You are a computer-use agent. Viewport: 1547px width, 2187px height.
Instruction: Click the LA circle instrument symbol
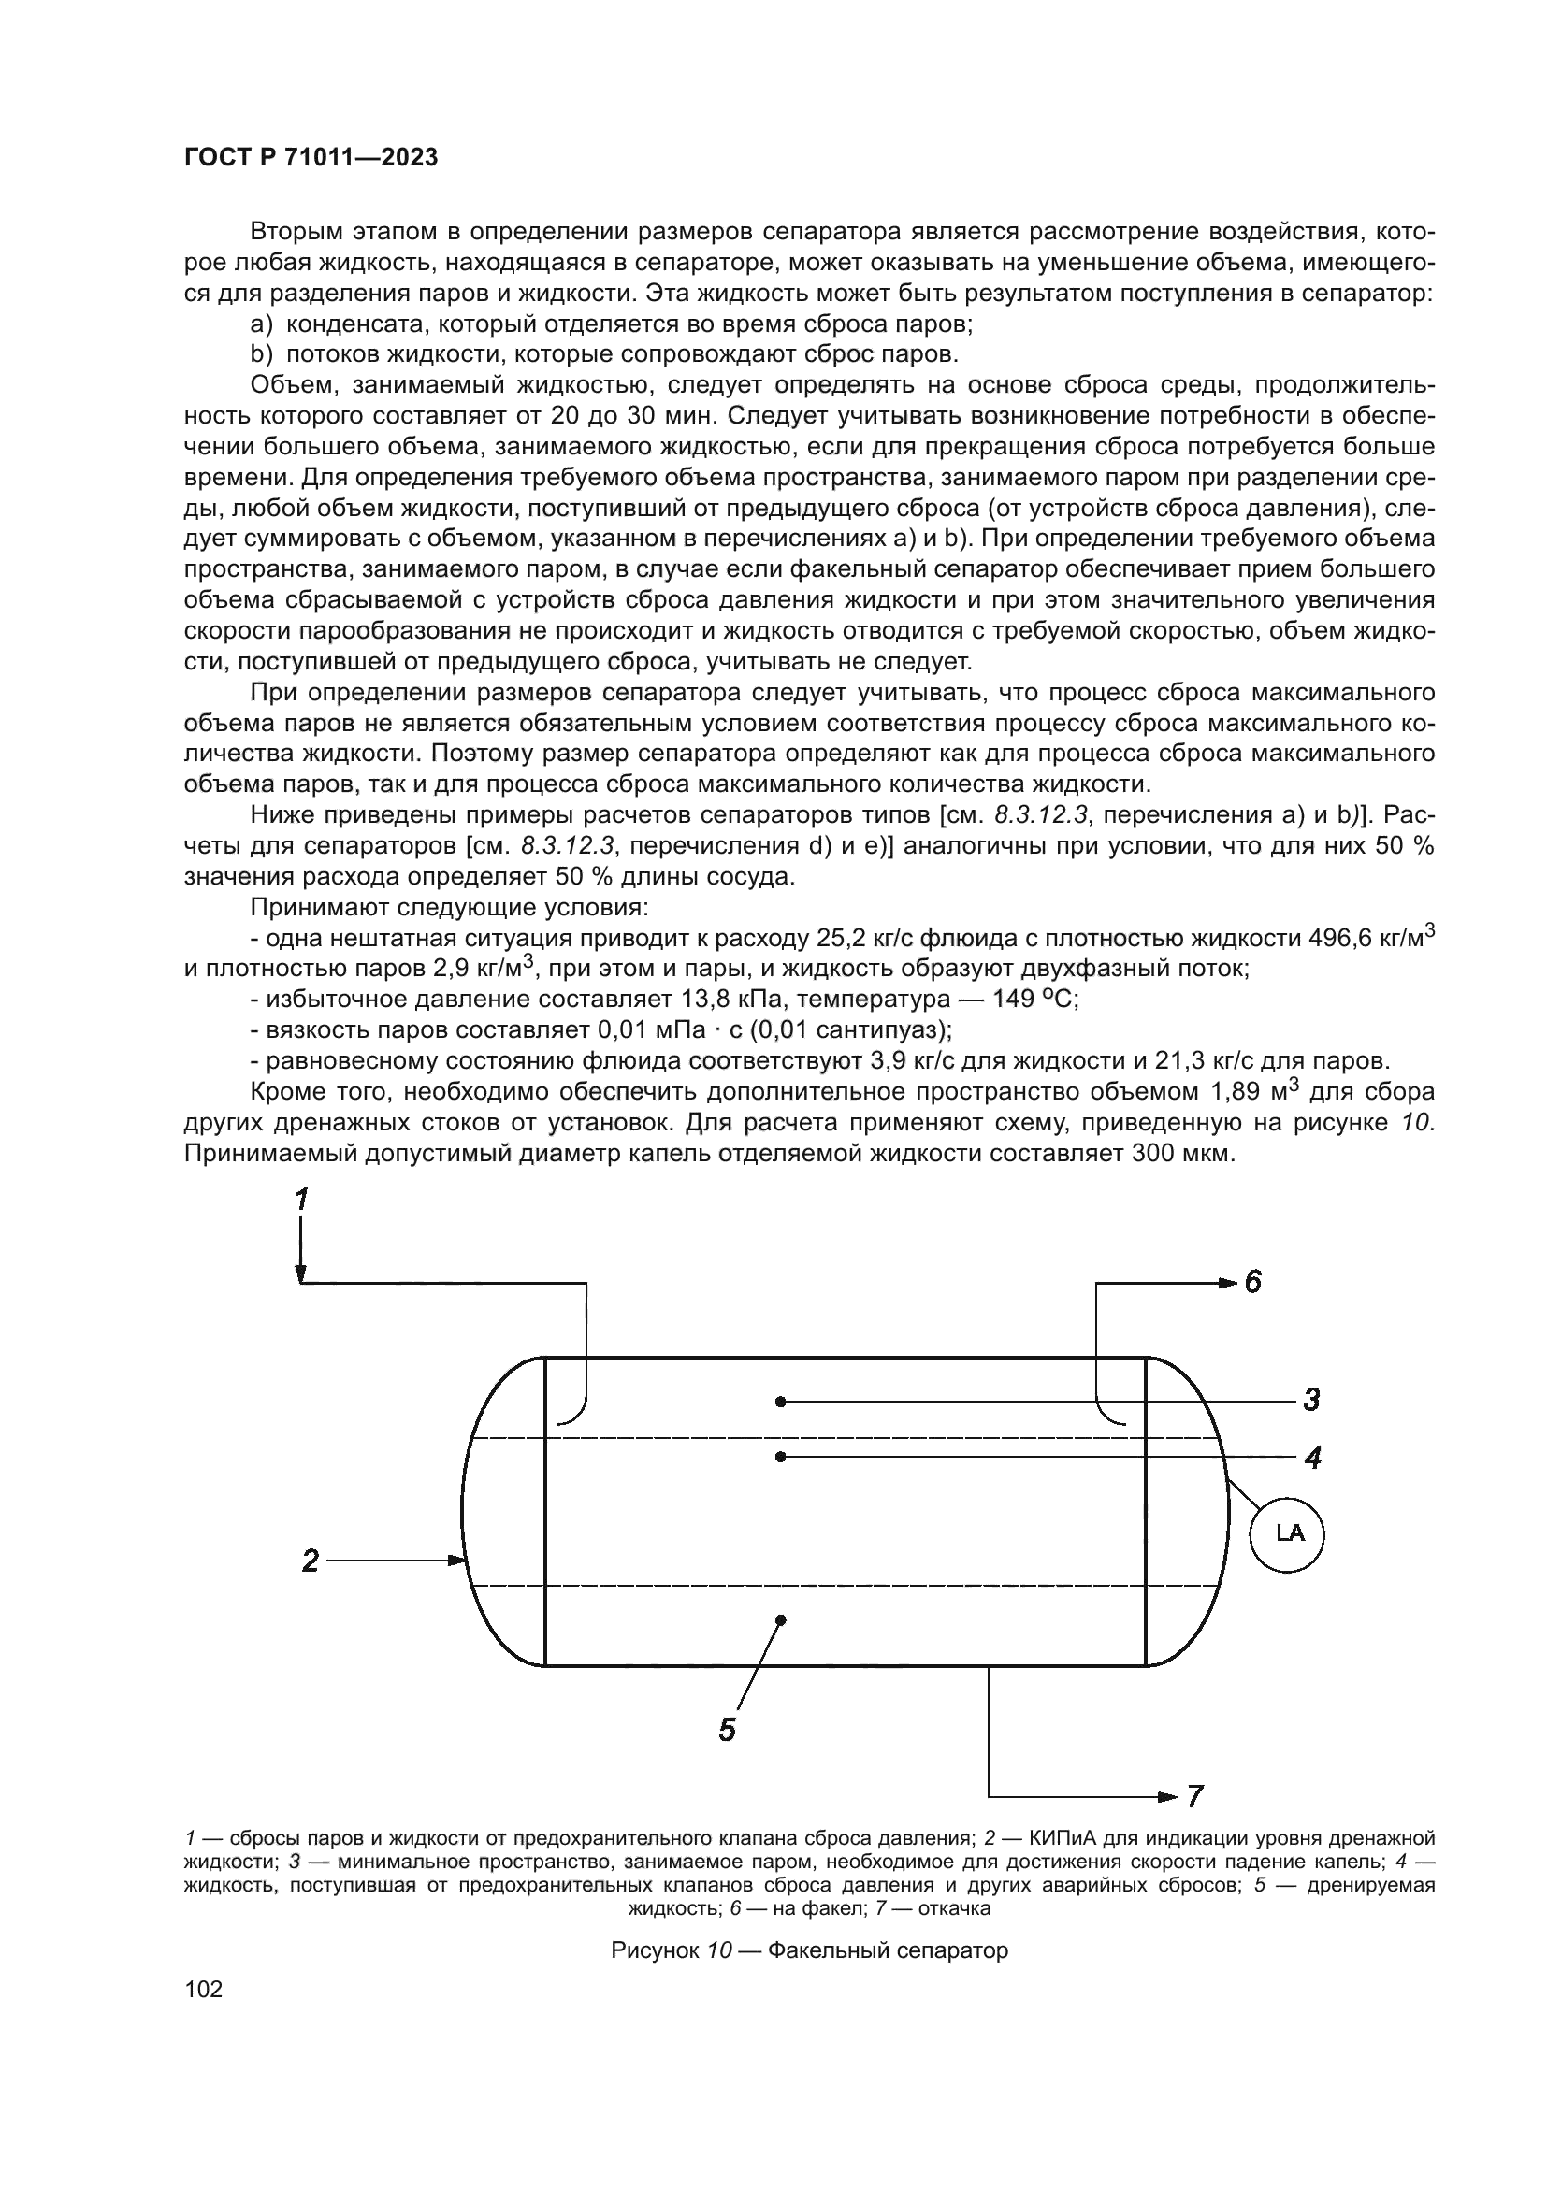1288,1532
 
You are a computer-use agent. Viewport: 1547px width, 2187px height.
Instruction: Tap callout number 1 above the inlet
301,1200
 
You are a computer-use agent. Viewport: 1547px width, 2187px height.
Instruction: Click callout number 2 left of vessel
311,1561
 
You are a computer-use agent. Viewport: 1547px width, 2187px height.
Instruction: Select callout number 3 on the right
1310,1401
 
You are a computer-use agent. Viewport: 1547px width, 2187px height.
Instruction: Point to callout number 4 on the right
1312,1458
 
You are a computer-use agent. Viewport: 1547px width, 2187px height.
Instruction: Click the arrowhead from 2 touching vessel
457,1561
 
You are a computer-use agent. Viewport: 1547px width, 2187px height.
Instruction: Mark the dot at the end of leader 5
780,1619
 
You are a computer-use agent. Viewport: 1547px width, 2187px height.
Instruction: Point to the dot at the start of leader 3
780,1402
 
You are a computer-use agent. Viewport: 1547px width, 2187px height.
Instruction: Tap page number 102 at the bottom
203,1989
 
